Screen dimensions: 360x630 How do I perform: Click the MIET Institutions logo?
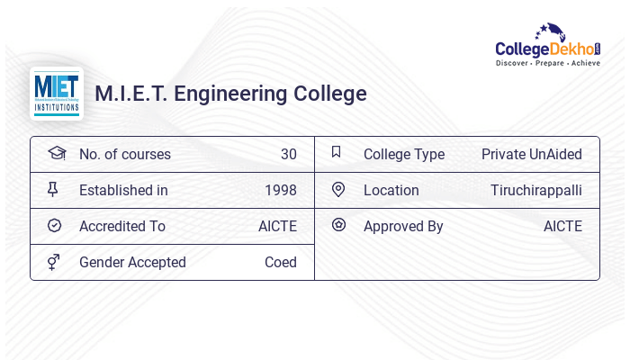click(x=57, y=94)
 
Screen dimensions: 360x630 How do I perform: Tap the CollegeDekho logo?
click(x=548, y=45)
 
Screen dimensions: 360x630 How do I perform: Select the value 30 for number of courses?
click(x=288, y=154)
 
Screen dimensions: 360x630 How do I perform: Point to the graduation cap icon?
click(x=57, y=153)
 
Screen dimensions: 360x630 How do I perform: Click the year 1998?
click(x=280, y=190)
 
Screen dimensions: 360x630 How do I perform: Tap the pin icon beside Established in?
click(x=53, y=189)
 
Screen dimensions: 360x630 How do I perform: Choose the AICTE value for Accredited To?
click(x=277, y=226)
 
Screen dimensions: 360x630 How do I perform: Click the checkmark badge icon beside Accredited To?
click(x=54, y=226)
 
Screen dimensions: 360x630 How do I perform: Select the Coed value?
click(x=280, y=262)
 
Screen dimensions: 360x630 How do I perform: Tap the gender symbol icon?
click(x=54, y=262)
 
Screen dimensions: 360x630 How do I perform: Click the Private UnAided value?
click(x=531, y=154)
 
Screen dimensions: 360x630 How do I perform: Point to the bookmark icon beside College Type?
click(x=336, y=152)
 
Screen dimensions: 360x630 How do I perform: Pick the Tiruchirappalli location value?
click(x=535, y=190)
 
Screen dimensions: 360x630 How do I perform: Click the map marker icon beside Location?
click(x=338, y=189)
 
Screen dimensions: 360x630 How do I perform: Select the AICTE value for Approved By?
click(x=562, y=226)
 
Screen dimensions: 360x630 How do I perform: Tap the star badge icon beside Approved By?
click(x=338, y=225)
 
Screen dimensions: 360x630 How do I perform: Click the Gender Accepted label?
click(x=132, y=262)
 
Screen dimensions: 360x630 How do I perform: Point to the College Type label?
click(x=403, y=154)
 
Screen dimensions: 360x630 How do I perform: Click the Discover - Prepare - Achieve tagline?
click(x=548, y=64)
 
